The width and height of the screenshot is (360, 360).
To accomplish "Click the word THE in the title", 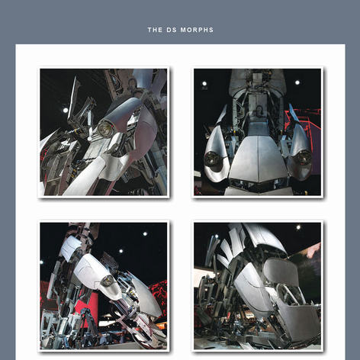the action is pyautogui.click(x=155, y=30).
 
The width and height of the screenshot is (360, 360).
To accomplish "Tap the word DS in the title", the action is pyautogui.click(x=172, y=30).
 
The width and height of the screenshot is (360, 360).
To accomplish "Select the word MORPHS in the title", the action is pyautogui.click(x=197, y=30).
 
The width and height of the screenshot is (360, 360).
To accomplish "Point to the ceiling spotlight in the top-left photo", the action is pyautogui.click(x=66, y=110).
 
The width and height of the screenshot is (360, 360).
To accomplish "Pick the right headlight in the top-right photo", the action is pyautogui.click(x=303, y=156).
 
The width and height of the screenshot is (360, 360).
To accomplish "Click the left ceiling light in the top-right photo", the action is pyautogui.click(x=204, y=84).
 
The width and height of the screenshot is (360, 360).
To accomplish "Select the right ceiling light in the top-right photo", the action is pyautogui.click(x=297, y=82).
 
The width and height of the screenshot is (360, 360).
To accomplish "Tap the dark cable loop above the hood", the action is pyautogui.click(x=259, y=110).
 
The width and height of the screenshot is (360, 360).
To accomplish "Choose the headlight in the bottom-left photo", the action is pyautogui.click(x=107, y=280).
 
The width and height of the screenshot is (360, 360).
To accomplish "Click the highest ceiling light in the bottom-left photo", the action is pyautogui.click(x=145, y=233).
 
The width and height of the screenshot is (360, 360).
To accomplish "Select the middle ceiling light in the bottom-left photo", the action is pyautogui.click(x=121, y=251).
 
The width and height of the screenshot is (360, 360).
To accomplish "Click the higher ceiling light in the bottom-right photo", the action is pyautogui.click(x=298, y=227).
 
